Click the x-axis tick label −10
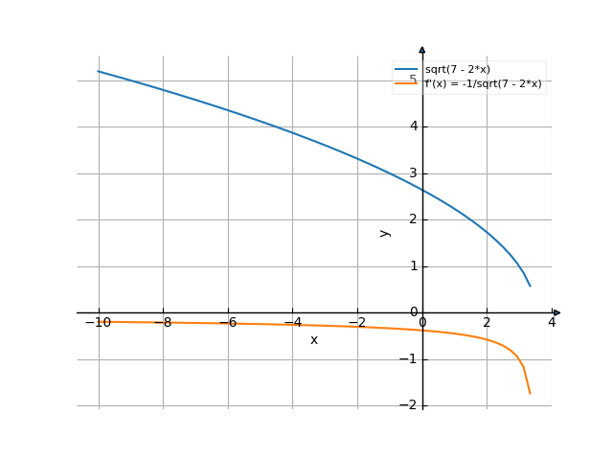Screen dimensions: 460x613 pos(98,323)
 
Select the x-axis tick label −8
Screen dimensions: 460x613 pos(163,323)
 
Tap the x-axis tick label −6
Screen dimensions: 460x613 pos(228,323)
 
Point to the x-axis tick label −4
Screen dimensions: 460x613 pos(292,323)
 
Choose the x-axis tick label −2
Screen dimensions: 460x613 pos(357,323)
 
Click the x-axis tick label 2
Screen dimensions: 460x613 pos(488,323)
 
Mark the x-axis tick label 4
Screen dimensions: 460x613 pos(552,323)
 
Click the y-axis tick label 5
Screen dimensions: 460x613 pos(413,80)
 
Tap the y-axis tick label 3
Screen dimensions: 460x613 pos(413,172)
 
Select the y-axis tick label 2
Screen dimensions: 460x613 pos(413,219)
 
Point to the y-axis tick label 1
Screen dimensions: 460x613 pos(413,266)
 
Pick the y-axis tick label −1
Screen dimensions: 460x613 pos(410,359)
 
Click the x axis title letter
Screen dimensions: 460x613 pos(313,340)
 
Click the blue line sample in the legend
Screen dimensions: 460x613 pos(406,70)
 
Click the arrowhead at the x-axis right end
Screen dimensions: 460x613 pos(556,312)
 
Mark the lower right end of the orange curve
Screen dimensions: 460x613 pos(530,393)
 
